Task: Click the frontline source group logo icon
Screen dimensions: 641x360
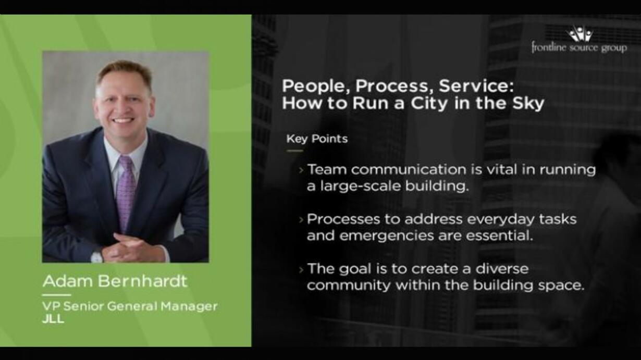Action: tap(580, 33)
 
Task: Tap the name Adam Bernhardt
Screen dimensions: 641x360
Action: tap(115, 281)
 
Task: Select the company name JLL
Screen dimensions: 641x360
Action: tap(53, 319)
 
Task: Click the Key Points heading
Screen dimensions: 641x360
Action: tap(317, 139)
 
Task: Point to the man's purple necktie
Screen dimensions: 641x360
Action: tap(126, 192)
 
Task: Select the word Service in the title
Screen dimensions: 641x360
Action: tap(473, 86)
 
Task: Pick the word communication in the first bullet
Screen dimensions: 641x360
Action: tap(409, 169)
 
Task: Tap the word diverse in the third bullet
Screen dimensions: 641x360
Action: tap(502, 269)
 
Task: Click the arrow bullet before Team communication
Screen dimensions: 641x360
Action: tap(301, 170)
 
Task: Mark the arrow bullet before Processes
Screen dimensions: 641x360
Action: tap(301, 220)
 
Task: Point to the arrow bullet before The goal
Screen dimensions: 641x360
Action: tap(301, 269)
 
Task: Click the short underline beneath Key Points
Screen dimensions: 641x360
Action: tap(295, 151)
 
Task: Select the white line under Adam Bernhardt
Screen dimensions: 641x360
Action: tap(56, 295)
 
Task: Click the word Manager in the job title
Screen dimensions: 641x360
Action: tap(189, 306)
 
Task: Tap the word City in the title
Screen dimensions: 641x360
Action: tap(429, 103)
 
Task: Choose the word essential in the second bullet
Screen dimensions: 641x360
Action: tap(500, 236)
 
